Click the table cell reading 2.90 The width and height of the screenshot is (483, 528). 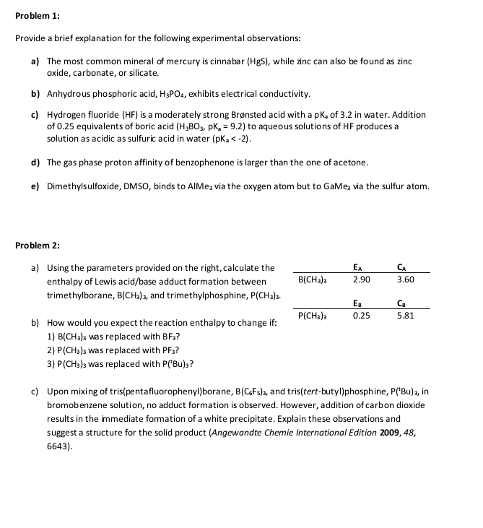point(362,280)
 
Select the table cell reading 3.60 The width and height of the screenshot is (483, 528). point(406,280)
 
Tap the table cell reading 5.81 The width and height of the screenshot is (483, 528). point(406,316)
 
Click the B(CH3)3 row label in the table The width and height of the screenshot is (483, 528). point(316,280)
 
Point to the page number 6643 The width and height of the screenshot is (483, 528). point(60,446)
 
